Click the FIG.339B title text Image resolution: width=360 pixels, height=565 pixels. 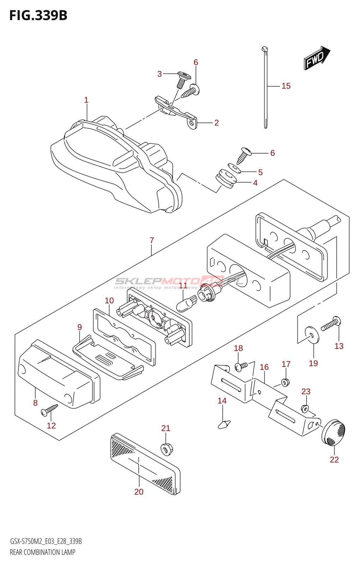(x=38, y=16)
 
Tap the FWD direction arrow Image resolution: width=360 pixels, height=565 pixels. (x=316, y=58)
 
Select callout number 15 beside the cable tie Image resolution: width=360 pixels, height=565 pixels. (x=286, y=86)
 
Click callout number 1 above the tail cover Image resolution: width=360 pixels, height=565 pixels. (x=86, y=100)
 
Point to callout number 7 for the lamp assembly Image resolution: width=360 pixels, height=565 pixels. (x=152, y=240)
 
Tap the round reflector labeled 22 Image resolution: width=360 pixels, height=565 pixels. (x=334, y=432)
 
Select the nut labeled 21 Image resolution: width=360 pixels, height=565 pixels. (x=167, y=449)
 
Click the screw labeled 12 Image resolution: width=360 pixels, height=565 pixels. (x=49, y=410)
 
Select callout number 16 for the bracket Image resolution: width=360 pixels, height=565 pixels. (x=264, y=367)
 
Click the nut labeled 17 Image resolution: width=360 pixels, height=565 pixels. (x=286, y=382)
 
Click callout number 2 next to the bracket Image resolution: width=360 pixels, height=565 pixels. (x=216, y=123)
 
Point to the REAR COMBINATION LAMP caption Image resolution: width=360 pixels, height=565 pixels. (x=43, y=552)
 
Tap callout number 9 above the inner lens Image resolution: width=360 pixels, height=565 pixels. (x=80, y=327)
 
